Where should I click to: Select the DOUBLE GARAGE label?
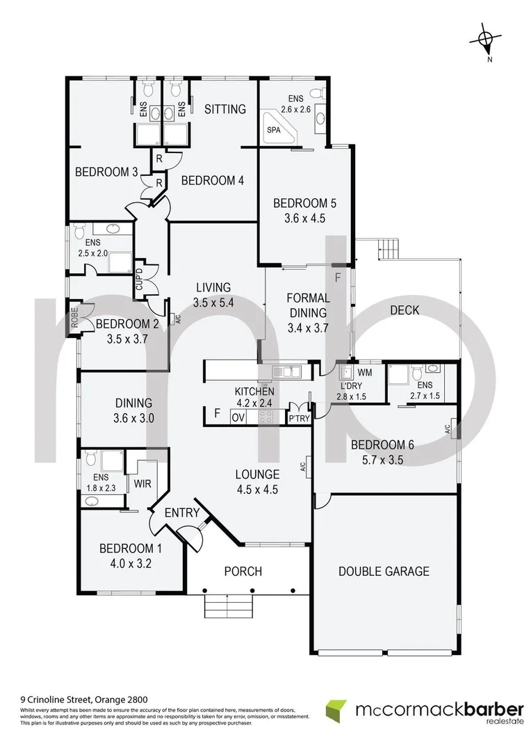[384, 572]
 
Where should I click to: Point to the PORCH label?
[243, 572]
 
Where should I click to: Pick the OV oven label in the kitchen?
[238, 417]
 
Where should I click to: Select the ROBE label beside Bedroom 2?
[74, 318]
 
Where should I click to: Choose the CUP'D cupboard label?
[139, 280]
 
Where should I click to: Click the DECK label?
[405, 310]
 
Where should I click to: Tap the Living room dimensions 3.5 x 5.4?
[213, 302]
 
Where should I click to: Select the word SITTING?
[226, 109]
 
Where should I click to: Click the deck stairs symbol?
[388, 247]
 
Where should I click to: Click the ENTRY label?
[182, 513]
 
